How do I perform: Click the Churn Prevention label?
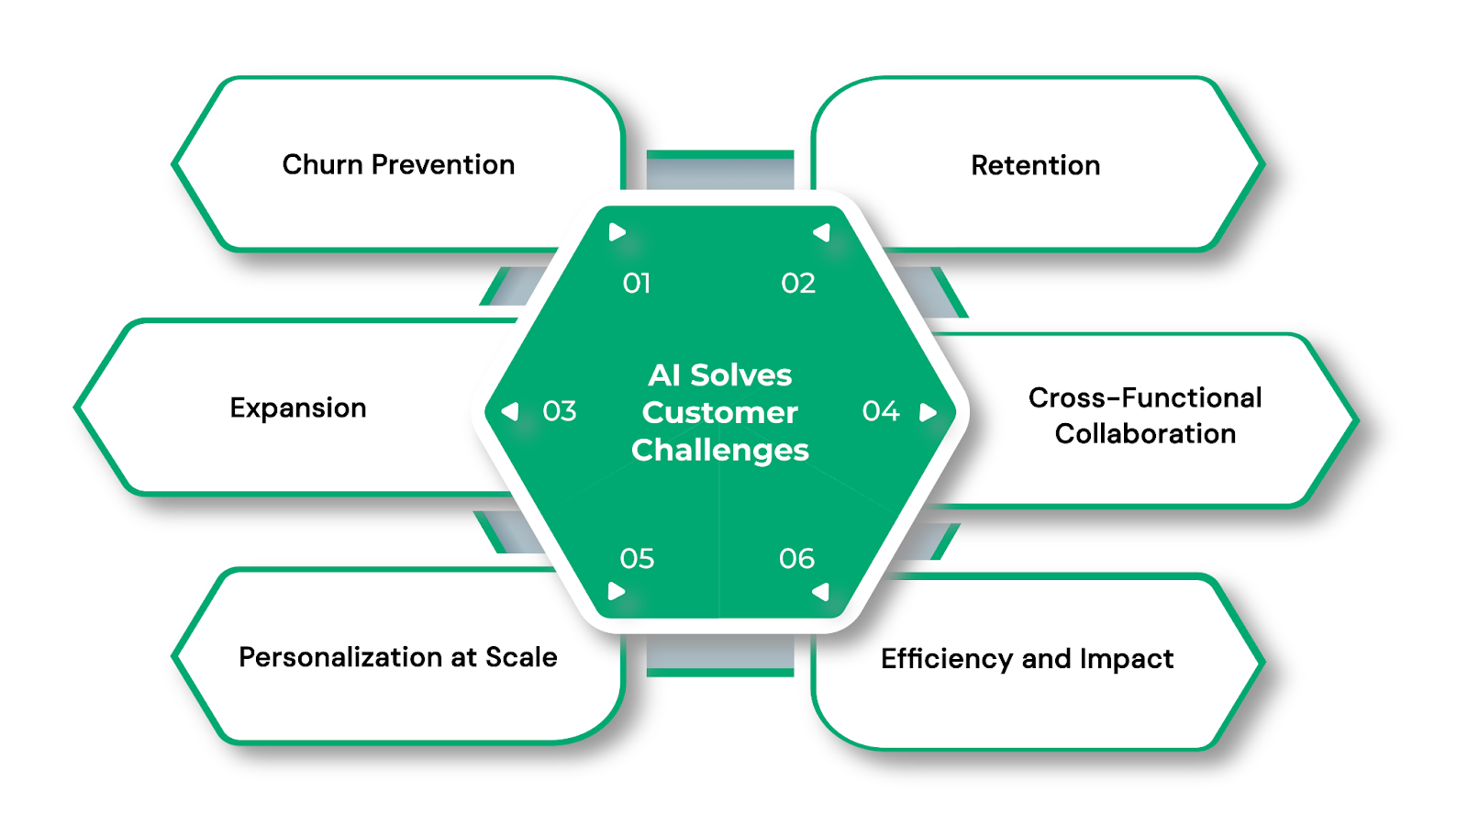pyautogui.click(x=398, y=164)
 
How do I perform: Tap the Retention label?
pyautogui.click(x=1035, y=165)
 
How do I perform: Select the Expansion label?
pyautogui.click(x=298, y=407)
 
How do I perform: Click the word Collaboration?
pyautogui.click(x=1145, y=434)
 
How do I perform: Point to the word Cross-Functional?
pyautogui.click(x=1145, y=397)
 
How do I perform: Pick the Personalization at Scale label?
pyautogui.click(x=398, y=657)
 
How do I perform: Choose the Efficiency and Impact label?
pyautogui.click(x=1027, y=659)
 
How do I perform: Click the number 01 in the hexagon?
pyautogui.click(x=637, y=284)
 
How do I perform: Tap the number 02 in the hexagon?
pyautogui.click(x=798, y=284)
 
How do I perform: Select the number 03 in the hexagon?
pyautogui.click(x=560, y=411)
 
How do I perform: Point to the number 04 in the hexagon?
pyautogui.click(x=881, y=411)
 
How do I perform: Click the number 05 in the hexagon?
pyautogui.click(x=637, y=559)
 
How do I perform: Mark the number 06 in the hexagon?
pyautogui.click(x=796, y=559)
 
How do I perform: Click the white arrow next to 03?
pyautogui.click(x=511, y=411)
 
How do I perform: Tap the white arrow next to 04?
pyautogui.click(x=928, y=412)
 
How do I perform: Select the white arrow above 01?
pyautogui.click(x=617, y=232)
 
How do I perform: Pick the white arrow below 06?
pyautogui.click(x=821, y=592)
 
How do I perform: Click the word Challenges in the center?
pyautogui.click(x=720, y=451)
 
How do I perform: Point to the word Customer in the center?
pyautogui.click(x=720, y=413)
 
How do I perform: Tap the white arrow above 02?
pyautogui.click(x=822, y=232)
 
